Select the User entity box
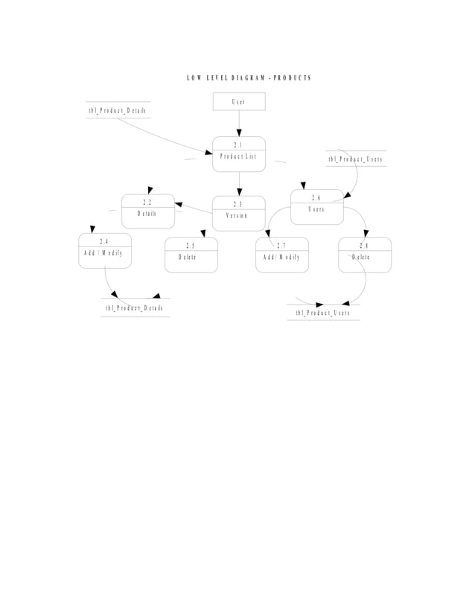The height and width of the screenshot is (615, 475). (239, 101)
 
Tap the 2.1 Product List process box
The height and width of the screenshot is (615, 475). (239, 154)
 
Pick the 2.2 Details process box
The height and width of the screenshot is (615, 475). (148, 211)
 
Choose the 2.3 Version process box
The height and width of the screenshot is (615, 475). (238, 213)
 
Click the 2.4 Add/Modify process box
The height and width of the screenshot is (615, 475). (105, 250)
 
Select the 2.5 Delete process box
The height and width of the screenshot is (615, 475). (191, 255)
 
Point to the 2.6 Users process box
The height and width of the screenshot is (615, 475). (317, 206)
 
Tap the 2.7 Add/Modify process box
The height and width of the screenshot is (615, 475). (282, 255)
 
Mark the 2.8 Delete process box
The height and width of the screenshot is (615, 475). (364, 255)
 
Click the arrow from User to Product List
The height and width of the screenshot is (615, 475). (239, 124)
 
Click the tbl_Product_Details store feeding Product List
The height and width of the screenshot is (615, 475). (118, 110)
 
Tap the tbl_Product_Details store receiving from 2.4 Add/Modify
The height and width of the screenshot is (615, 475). (135, 307)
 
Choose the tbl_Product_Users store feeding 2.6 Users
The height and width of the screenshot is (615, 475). (356, 159)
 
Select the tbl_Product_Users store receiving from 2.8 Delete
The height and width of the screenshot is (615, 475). (322, 313)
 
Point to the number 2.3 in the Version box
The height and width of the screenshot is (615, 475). (238, 204)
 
